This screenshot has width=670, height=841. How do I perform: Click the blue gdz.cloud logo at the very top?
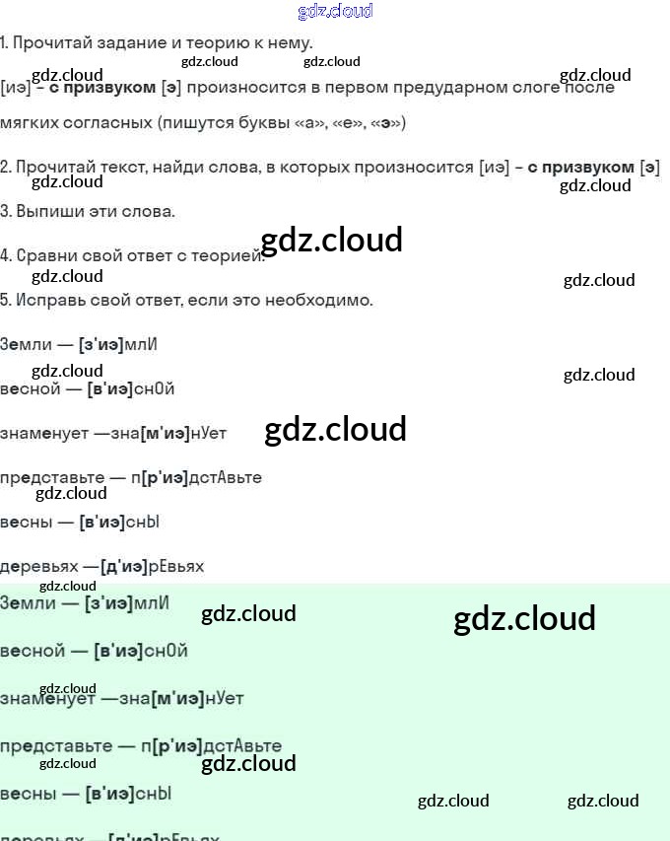pyautogui.click(x=335, y=12)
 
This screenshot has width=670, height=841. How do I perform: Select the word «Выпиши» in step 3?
pyautogui.click(x=45, y=212)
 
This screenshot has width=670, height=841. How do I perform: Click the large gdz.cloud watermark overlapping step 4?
pyautogui.click(x=332, y=241)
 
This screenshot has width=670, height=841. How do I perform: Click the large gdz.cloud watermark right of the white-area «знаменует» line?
pyautogui.click(x=336, y=430)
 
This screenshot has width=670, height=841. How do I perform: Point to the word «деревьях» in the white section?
pyautogui.click(x=38, y=567)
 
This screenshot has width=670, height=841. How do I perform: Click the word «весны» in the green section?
pyautogui.click(x=24, y=794)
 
